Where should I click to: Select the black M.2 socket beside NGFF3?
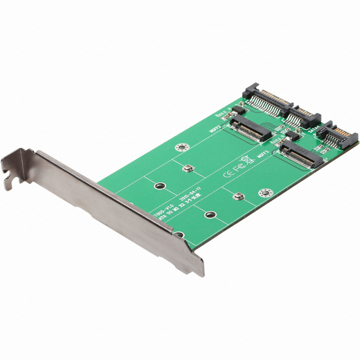301,155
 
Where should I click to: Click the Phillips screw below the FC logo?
238,195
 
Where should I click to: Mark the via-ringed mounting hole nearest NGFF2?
180,147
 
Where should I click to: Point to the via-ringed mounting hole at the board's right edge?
265,193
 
